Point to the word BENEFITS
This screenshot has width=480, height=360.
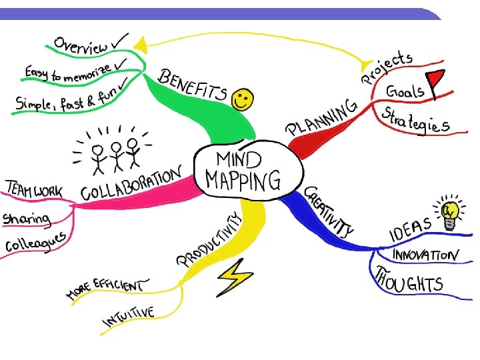point(192,85)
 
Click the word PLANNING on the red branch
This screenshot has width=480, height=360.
point(322,118)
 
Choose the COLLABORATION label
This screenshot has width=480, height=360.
point(131,185)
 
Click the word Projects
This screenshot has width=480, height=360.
point(387,69)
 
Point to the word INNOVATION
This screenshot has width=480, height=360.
point(425,255)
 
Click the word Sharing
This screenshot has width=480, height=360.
point(27,218)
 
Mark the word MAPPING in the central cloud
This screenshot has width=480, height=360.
point(243,179)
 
